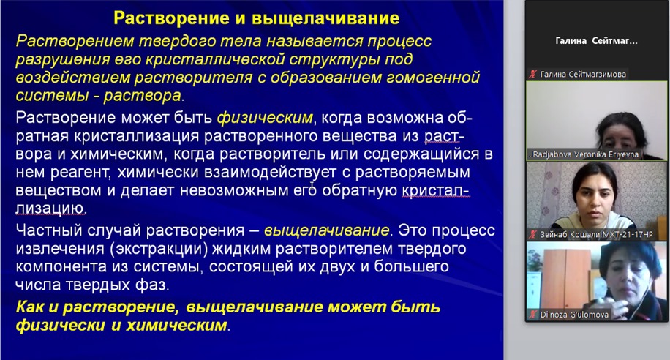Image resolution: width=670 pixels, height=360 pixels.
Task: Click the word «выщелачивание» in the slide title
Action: pos(325,18)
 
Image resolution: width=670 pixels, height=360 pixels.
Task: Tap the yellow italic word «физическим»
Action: pos(265,118)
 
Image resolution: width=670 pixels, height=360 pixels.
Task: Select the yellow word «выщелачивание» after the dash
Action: pos(327,230)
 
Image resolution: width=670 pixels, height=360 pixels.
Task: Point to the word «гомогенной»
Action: pos(433,78)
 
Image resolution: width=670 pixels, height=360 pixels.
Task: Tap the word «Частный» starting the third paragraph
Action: pos(49,230)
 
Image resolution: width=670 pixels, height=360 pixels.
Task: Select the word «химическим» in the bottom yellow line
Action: pos(176,326)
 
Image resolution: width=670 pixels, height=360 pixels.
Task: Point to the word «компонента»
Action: pos(61,267)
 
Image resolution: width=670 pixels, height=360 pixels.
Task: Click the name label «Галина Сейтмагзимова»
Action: pos(583,75)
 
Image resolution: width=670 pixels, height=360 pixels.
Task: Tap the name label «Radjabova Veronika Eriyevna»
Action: pos(584,155)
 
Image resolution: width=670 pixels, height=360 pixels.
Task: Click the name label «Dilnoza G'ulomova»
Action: pos(574,315)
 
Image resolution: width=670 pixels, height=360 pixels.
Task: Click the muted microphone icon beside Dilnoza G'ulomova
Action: pos(532,315)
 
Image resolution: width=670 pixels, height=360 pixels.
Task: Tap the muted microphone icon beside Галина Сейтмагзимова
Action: pos(532,75)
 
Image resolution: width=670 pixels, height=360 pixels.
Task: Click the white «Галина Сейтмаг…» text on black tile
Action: pos(597,41)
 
